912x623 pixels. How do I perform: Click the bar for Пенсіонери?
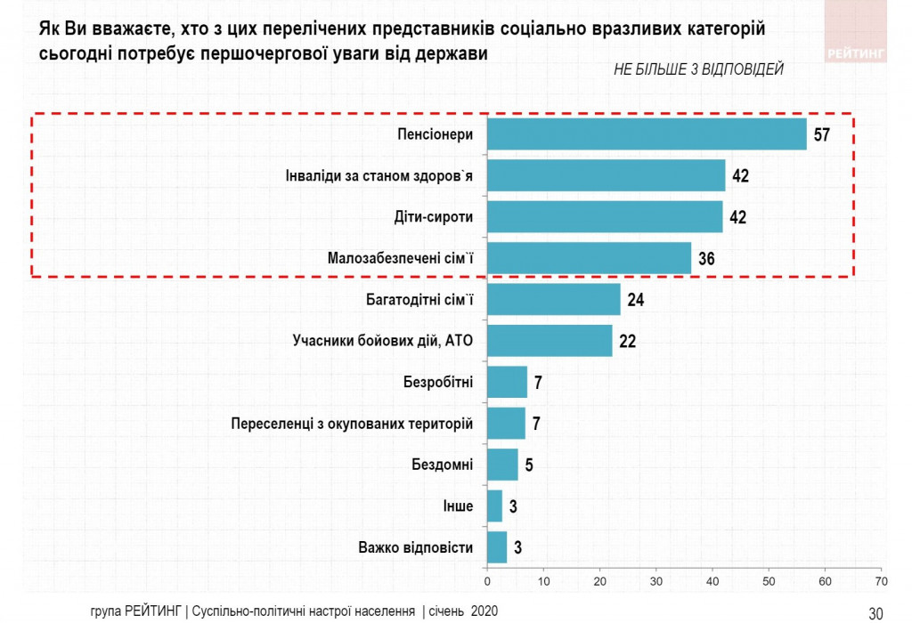[647, 134]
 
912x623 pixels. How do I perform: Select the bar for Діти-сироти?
[605, 216]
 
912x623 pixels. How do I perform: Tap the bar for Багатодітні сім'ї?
[554, 299]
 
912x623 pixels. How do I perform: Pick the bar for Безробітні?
[507, 382]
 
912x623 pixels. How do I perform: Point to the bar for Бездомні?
[502, 465]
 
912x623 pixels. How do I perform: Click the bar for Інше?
[494, 506]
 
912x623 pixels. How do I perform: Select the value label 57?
[821, 135]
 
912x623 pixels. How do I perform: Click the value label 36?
[706, 259]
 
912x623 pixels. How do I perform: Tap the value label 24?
[635, 300]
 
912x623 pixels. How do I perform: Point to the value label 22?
[627, 341]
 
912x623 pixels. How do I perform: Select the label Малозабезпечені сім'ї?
[401, 259]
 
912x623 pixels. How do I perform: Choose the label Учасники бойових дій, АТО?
[383, 341]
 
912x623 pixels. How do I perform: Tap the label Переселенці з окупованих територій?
[352, 424]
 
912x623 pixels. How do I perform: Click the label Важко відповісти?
[415, 547]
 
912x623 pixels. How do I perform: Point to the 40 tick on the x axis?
[712, 581]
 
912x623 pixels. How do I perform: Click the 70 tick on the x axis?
[881, 581]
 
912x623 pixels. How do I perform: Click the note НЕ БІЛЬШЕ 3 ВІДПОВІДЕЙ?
[698, 70]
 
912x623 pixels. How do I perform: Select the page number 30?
[875, 612]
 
